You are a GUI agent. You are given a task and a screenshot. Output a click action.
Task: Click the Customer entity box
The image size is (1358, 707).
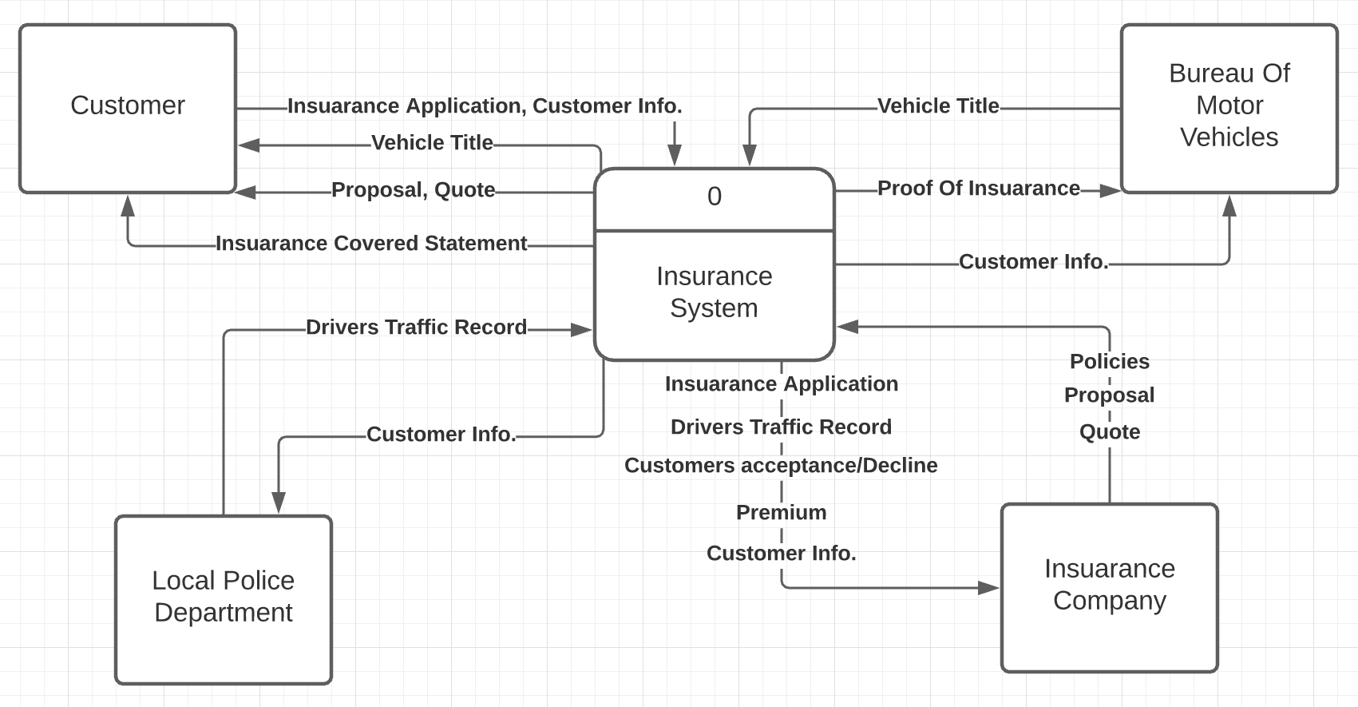128,108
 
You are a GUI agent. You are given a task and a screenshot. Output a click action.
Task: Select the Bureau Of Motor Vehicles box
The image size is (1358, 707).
1229,108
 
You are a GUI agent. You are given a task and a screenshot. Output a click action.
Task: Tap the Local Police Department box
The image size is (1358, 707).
224,599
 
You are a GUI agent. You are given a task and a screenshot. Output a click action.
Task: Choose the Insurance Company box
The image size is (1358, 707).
1109,587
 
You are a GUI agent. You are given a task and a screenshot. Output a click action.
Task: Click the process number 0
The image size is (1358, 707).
714,197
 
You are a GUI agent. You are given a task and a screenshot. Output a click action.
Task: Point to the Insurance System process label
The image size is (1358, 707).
714,292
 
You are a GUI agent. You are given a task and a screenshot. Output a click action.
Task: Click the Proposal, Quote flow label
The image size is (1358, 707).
413,190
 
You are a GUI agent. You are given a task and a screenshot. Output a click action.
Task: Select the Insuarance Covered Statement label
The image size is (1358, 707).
371,244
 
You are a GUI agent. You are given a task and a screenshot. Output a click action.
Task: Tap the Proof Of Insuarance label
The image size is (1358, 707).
978,189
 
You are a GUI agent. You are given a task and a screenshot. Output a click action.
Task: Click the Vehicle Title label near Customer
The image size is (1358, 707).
432,143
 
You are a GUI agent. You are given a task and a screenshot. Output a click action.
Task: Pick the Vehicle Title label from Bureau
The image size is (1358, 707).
938,106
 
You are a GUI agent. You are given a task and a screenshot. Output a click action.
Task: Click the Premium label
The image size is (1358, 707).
781,513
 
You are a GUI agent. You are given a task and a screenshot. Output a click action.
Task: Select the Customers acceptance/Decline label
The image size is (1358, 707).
781,466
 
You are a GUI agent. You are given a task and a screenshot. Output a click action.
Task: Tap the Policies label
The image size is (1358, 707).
1109,362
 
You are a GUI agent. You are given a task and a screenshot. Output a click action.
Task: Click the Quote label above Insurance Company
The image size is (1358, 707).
1109,432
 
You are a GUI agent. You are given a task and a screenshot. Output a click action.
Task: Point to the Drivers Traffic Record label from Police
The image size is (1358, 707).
416,328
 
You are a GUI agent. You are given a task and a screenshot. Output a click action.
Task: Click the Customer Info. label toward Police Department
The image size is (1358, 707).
441,435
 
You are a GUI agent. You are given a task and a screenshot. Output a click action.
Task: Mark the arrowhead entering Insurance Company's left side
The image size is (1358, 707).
989,588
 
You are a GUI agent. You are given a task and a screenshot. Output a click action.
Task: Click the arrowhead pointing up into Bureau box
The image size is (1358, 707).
1229,206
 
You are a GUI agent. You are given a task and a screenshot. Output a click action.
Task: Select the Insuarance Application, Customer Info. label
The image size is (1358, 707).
485,106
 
